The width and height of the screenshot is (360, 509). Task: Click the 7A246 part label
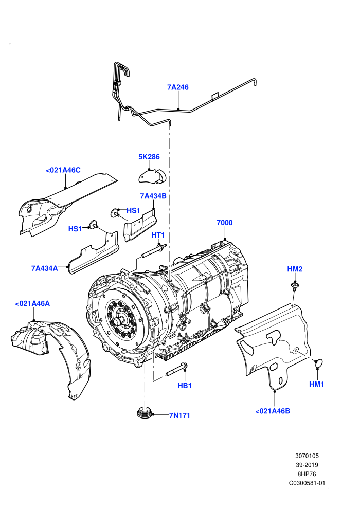(178, 87)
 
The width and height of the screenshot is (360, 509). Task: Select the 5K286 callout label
(149, 157)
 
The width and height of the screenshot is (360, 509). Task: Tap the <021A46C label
(63, 170)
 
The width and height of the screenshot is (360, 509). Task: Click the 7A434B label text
(153, 196)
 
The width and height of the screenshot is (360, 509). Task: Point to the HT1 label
(158, 234)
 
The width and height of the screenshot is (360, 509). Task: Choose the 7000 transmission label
(225, 222)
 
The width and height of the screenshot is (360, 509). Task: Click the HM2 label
(295, 269)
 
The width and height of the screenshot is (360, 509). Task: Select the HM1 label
(316, 384)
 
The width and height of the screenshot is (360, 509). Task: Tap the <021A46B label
(273, 411)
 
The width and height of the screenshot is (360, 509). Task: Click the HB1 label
(185, 386)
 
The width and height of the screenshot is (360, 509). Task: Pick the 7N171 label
(179, 415)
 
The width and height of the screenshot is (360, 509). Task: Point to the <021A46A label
(32, 303)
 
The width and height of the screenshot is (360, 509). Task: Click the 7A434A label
(44, 268)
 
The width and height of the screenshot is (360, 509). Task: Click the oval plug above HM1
(319, 363)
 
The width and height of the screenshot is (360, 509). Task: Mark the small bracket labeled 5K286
(152, 176)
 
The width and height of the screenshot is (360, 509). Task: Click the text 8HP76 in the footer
(307, 474)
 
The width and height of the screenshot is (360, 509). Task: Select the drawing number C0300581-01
(307, 483)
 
